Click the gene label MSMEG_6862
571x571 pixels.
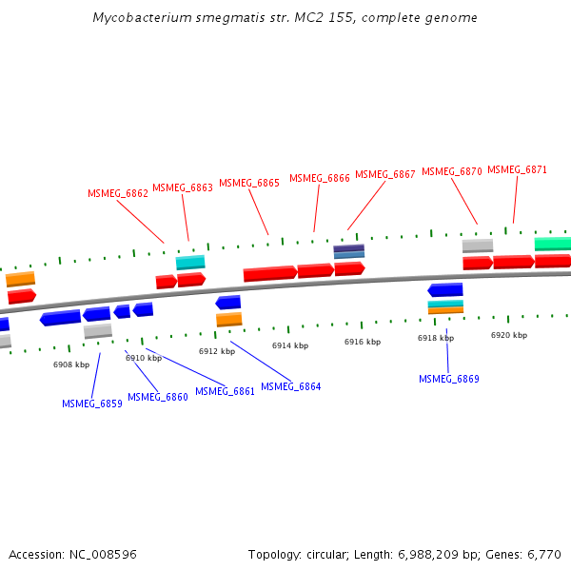coord(118,193)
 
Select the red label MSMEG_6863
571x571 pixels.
coord(183,187)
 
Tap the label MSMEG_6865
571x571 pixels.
coord(249,183)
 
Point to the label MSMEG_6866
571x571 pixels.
coord(320,178)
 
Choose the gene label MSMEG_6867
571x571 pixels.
coord(385,175)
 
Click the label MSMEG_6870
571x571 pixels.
coord(452,172)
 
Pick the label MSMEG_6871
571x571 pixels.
coord(518,169)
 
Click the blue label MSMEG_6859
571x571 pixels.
coord(92,404)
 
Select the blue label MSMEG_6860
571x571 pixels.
coord(158,397)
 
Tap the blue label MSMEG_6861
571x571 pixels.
coord(226,391)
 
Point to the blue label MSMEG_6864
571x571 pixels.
coord(291,386)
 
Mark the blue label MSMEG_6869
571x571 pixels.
coord(449,379)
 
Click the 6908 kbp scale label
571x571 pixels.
coord(71,364)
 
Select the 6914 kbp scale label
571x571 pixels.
coord(290,345)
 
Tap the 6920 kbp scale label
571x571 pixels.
coord(509,335)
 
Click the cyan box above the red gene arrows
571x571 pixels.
coord(190,262)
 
